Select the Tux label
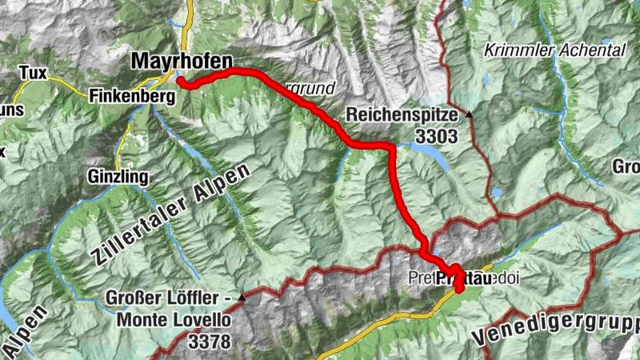point(33,74)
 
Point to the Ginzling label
point(119,175)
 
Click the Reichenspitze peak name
point(401,115)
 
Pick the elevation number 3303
point(436,137)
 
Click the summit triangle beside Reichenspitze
point(470,114)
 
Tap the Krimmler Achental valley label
point(554,50)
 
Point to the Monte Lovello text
point(174,321)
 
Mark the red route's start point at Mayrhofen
point(182,82)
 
